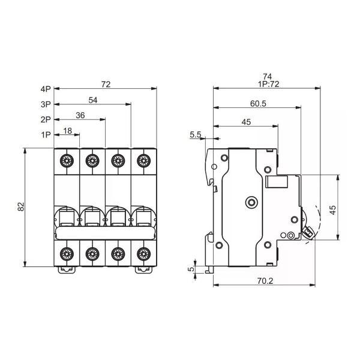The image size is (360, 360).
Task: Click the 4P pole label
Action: [x=46, y=89]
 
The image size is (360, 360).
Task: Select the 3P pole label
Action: [x=46, y=104]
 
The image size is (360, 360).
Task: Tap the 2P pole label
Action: [x=46, y=119]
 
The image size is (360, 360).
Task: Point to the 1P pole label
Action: [x=46, y=134]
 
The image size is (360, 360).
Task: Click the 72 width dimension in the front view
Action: [x=106, y=85]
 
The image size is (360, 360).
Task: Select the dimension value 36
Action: [x=80, y=115]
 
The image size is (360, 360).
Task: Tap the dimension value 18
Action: [x=68, y=130]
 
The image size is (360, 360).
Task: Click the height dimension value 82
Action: [x=21, y=206]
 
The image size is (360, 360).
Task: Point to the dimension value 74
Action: [x=267, y=76]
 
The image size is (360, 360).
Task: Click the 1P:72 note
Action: [x=267, y=84]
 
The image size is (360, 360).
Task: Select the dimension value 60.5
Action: [x=257, y=104]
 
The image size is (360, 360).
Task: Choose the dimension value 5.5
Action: [x=196, y=135]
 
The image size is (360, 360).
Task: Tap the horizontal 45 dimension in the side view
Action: [x=245, y=122]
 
